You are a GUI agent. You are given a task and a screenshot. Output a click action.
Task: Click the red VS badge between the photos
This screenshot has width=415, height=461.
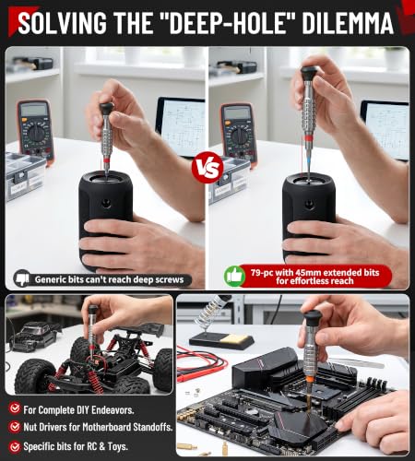(x=207, y=168)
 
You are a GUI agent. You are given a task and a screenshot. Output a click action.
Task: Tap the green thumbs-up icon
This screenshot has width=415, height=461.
(x=234, y=277)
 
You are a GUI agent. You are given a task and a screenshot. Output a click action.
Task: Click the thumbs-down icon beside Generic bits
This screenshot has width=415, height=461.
(x=22, y=278)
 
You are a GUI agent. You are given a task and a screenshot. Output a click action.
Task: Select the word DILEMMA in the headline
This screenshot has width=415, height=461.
(x=348, y=23)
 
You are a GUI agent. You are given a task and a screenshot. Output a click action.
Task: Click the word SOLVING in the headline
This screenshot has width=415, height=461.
(x=62, y=23)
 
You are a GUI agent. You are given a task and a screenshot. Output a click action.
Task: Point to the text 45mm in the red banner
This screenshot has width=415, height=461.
(x=308, y=273)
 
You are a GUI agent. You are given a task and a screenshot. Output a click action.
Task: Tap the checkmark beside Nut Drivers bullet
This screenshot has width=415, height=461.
(x=15, y=427)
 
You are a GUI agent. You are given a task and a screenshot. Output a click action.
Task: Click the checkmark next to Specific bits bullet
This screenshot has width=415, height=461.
(x=15, y=446)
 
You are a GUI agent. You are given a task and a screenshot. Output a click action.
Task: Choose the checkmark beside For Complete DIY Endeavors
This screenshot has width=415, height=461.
(x=15, y=408)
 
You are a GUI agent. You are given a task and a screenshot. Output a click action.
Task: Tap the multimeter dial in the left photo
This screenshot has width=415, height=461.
(x=37, y=134)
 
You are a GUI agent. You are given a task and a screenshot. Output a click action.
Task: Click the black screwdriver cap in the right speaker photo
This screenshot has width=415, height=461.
(x=309, y=74)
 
